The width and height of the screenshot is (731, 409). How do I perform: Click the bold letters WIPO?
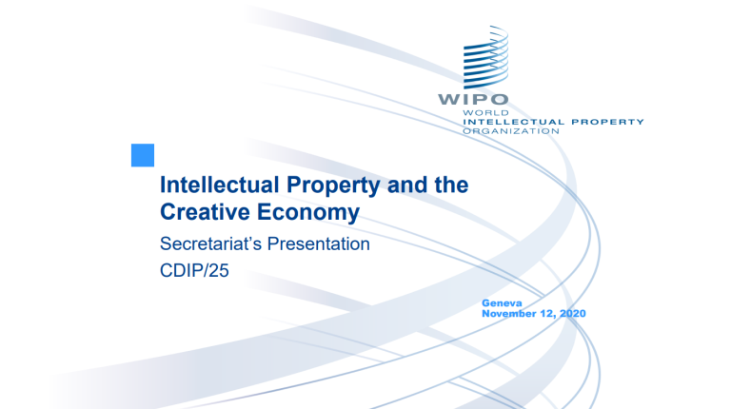point(473,99)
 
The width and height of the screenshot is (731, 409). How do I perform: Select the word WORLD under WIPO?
point(480,112)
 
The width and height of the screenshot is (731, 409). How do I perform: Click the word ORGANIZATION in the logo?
point(510,130)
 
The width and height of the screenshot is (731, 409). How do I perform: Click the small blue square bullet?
point(142,154)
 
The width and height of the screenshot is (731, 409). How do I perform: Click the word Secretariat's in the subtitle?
point(215,244)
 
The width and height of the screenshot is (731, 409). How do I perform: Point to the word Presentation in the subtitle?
point(322,244)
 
